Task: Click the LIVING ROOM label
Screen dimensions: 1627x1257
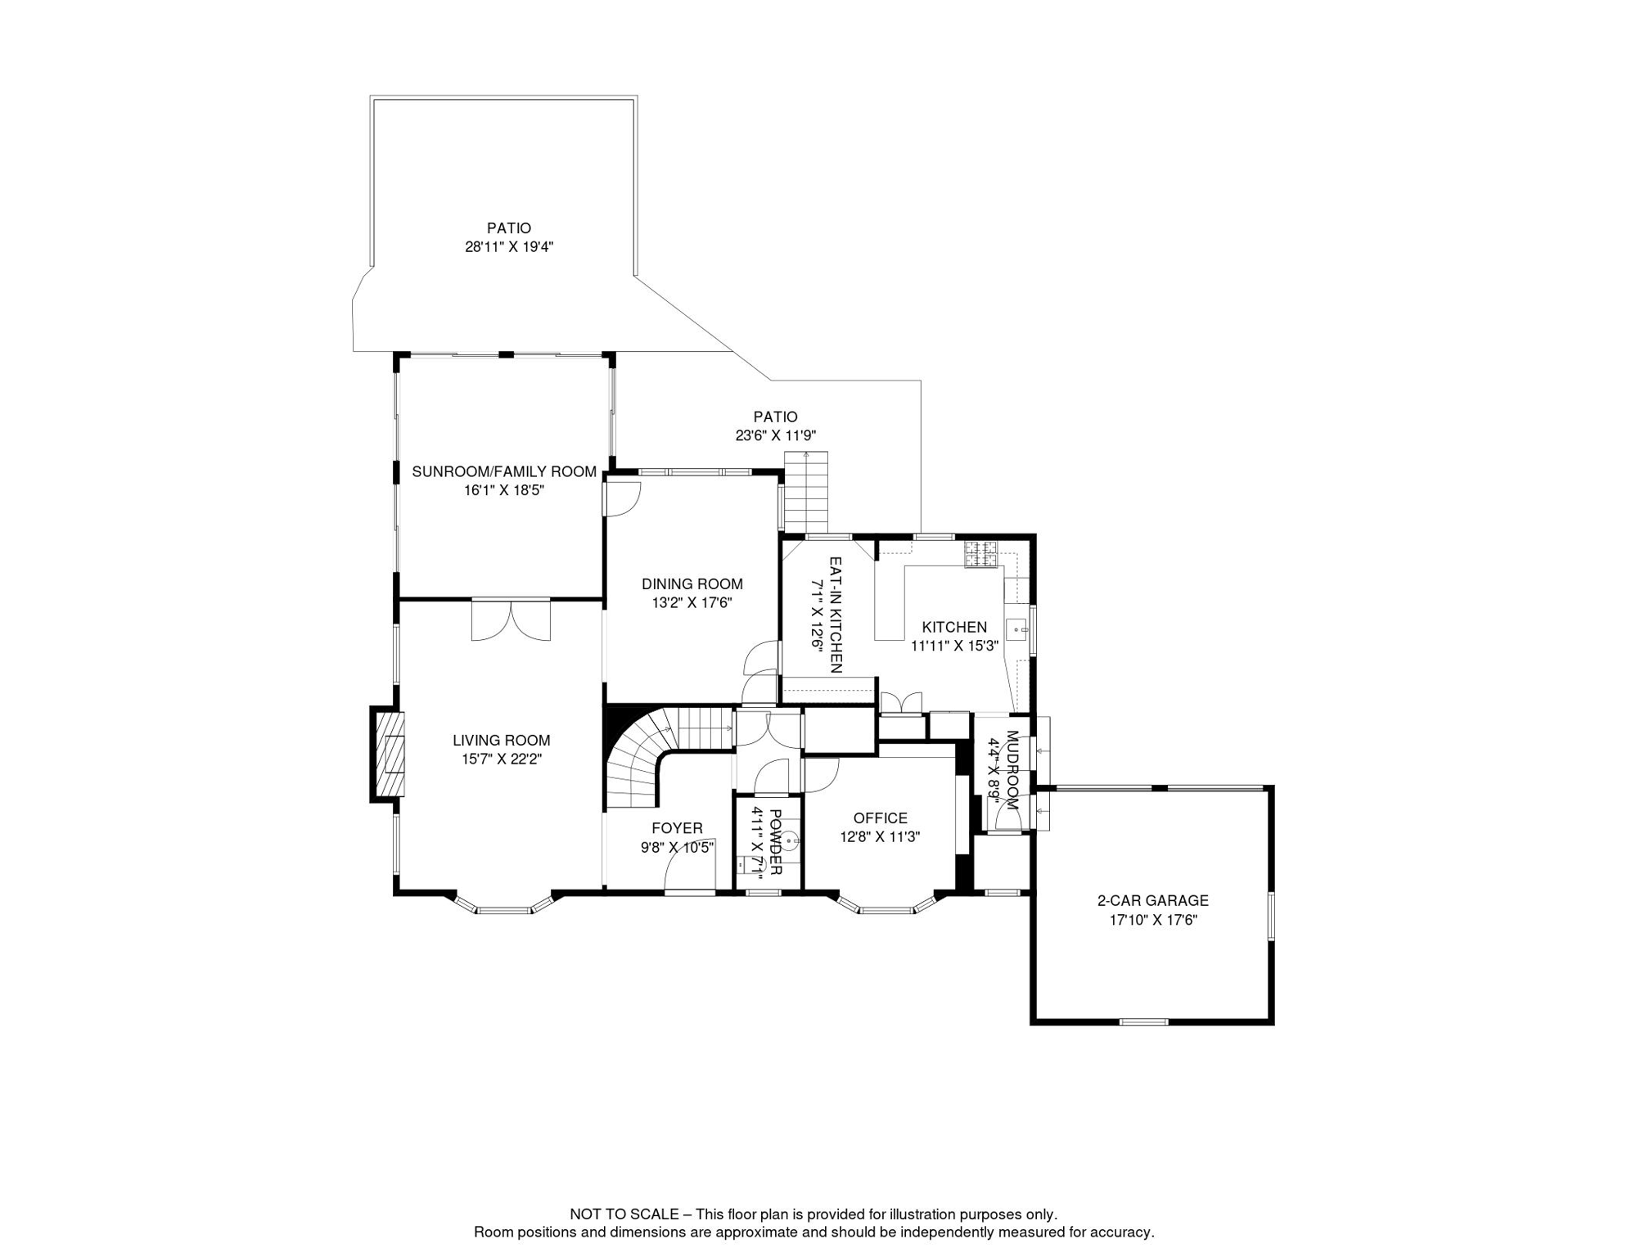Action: pos(501,741)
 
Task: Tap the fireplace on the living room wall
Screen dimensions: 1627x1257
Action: pos(388,754)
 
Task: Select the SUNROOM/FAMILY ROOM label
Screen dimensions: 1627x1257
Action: pos(504,472)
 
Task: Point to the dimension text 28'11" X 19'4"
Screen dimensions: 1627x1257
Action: pos(509,247)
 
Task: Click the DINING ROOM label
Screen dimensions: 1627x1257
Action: pos(692,584)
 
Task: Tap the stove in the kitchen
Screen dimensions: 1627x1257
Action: pos(981,554)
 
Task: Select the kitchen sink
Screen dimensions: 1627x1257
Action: pos(1016,629)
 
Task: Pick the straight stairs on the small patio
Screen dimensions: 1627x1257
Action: pos(806,492)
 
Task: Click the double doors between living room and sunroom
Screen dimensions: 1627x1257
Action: pos(512,620)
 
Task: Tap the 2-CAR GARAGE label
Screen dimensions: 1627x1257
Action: pos(1153,901)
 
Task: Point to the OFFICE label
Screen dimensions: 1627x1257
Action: pos(881,818)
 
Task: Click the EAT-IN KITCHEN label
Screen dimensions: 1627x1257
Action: pos(836,615)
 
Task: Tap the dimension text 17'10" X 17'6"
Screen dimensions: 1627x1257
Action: pos(1153,920)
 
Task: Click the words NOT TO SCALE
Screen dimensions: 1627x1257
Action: pos(624,1214)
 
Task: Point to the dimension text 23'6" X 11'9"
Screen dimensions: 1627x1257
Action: pos(776,436)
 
